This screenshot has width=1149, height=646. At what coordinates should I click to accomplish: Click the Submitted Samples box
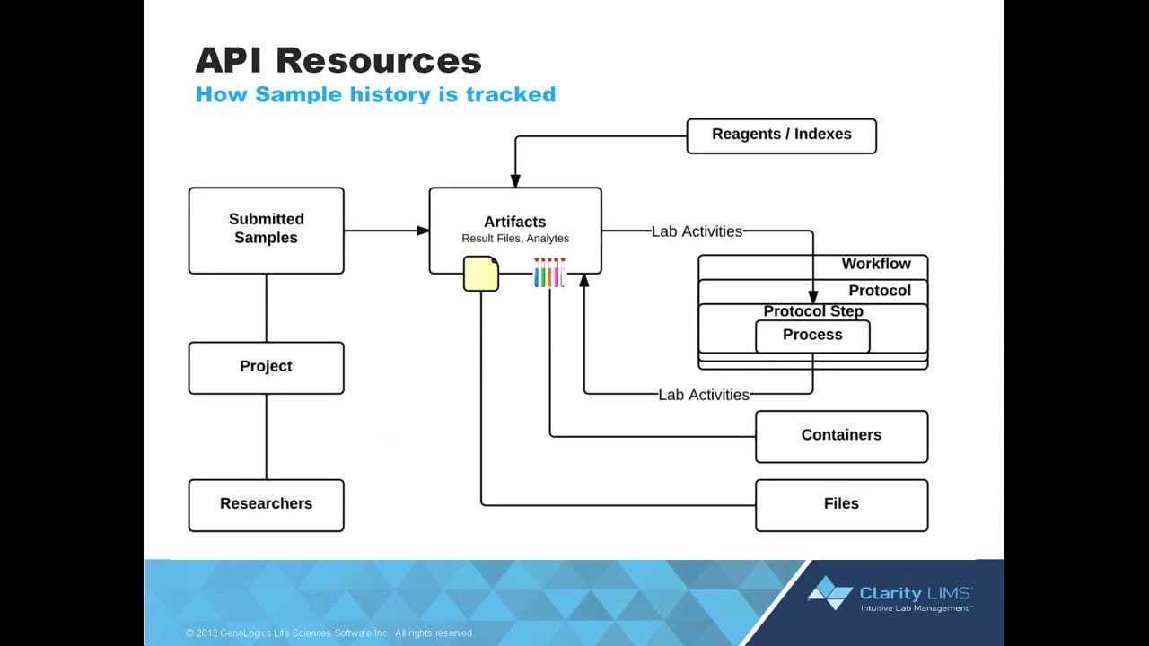[x=266, y=230]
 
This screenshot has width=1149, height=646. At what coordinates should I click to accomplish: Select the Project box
[x=266, y=367]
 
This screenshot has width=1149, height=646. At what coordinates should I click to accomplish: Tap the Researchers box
[x=266, y=504]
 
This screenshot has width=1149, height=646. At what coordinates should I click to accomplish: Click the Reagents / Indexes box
[x=781, y=135]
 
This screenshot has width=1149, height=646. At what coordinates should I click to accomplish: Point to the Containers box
[x=841, y=436]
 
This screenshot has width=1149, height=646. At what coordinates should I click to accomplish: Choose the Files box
[x=841, y=504]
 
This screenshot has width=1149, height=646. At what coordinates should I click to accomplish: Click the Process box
[x=812, y=336]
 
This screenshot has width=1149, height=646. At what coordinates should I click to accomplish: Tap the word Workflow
[x=876, y=264]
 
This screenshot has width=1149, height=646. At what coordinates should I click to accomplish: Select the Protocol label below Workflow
[x=880, y=291]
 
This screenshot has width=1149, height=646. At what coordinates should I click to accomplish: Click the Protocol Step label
[x=813, y=311]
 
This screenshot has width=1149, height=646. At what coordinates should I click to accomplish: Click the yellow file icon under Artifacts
[x=481, y=274]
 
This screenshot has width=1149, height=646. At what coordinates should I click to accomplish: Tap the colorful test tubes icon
[x=548, y=273]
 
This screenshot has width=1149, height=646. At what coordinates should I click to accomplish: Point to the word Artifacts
[x=514, y=222]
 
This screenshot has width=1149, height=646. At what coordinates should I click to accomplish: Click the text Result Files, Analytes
[x=515, y=239]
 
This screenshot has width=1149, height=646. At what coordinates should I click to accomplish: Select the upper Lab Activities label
[x=697, y=231]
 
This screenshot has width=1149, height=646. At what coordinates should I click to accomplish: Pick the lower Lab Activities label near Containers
[x=704, y=395]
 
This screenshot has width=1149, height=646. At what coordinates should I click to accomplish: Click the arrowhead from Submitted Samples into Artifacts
[x=423, y=231]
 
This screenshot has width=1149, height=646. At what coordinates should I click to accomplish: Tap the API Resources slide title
[x=338, y=60]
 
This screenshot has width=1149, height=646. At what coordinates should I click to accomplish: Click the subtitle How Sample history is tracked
[x=375, y=94]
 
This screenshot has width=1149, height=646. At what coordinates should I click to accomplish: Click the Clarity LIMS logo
[x=890, y=596]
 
